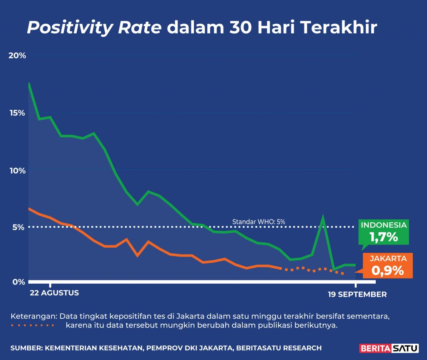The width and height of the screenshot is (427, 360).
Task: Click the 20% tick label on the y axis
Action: pos(18,55)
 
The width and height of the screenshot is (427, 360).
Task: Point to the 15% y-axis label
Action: pos(18,113)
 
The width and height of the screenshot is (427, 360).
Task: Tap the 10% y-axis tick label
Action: pos(18,170)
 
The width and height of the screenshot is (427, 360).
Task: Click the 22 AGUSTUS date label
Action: pos(54,293)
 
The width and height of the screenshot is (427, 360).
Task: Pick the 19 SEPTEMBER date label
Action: pos(357,294)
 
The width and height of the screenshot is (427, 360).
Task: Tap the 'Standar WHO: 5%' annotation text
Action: pos(259,222)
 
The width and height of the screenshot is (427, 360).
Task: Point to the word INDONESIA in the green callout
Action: pos(384,225)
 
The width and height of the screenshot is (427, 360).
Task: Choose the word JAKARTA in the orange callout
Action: pos(387,259)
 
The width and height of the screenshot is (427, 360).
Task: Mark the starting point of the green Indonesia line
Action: pos(28,83)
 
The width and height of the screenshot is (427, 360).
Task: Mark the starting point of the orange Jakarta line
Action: pos(28,208)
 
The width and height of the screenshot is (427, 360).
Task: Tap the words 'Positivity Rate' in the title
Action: pos(94,28)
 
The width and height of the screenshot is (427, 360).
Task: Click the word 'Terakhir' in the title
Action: pos(338,28)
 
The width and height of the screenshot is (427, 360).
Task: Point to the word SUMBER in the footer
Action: pos(27,347)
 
